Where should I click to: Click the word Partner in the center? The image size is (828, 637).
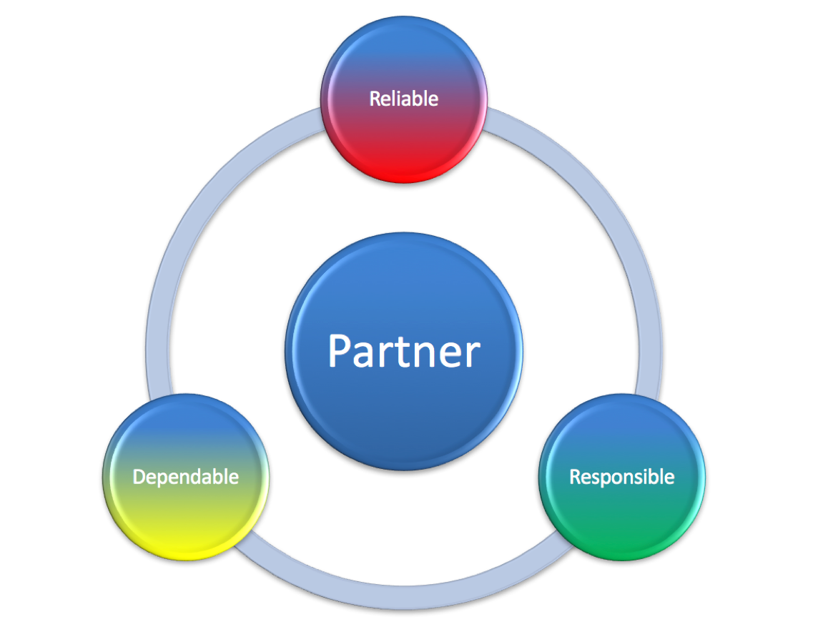tap(404, 351)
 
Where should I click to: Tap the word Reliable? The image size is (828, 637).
tap(403, 99)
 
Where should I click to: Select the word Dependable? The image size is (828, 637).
tap(185, 477)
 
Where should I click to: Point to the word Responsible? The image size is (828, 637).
tap(621, 476)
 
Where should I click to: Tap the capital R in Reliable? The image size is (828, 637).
tap(375, 99)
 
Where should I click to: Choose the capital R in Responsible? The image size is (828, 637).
tap(575, 476)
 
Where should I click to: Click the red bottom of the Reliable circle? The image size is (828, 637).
tap(404, 168)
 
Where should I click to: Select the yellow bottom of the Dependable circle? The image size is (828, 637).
tap(186, 543)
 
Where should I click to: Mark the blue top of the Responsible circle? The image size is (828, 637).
tap(622, 418)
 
